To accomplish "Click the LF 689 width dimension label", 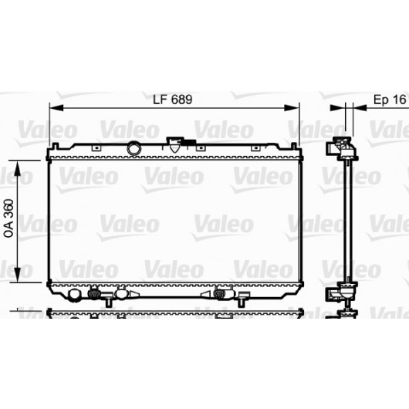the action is point(172,100).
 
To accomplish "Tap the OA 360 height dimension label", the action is point(9,218).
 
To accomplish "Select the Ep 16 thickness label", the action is point(390,100).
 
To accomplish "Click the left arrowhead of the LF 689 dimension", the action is point(56,107).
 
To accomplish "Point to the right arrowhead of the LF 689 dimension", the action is point(291,107).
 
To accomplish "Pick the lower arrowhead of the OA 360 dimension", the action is point(17,275).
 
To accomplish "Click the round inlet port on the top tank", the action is point(134,148).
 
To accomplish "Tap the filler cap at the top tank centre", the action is point(175,145).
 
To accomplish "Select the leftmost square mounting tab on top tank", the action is point(96,148).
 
